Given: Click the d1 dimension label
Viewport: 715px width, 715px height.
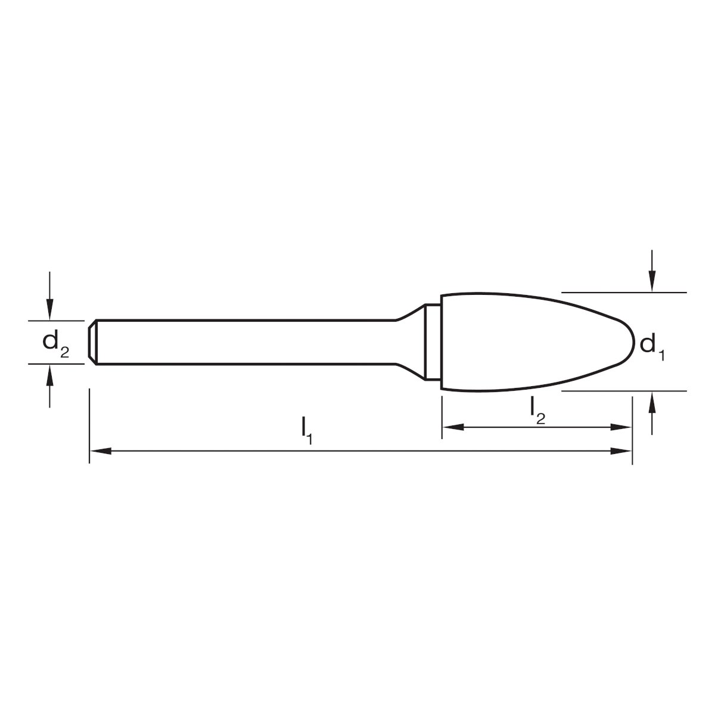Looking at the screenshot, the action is click(652, 347).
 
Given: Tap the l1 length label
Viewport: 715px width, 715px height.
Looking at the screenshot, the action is click(307, 433).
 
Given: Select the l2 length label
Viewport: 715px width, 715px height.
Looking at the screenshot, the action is click(537, 412).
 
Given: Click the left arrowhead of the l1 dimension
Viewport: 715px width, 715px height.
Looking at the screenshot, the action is click(101, 451).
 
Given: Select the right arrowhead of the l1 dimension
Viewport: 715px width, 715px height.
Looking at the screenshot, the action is click(621, 451).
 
